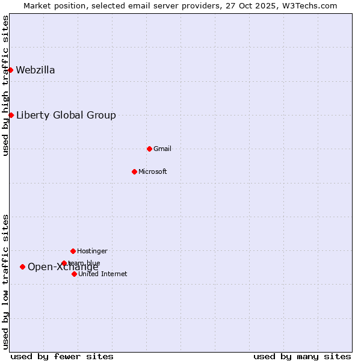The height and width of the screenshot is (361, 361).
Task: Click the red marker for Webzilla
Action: coord(10,70)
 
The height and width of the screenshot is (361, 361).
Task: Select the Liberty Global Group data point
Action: coord(11,115)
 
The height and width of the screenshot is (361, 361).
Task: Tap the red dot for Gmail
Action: coord(149,149)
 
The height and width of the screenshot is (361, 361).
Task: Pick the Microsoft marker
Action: coord(134,171)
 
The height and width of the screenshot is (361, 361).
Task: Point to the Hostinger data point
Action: coord(73,251)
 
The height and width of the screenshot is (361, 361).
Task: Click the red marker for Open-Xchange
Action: coord(22,267)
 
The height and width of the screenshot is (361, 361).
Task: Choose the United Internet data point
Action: coord(74,274)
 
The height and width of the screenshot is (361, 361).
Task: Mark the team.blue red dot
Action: coord(64,263)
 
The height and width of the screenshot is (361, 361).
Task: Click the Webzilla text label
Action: coord(35,70)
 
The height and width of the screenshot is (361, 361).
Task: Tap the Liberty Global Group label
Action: coord(66,115)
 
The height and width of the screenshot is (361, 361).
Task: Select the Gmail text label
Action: coord(162,149)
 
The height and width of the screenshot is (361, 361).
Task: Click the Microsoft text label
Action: coord(153,171)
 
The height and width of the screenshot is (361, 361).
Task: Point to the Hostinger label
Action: coord(92,251)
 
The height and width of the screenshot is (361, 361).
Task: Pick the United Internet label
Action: coord(102,274)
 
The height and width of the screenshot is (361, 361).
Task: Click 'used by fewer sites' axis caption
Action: coord(62,356)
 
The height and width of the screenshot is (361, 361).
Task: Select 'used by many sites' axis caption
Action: coord(302,356)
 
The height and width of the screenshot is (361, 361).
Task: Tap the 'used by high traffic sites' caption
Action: coord(5,85)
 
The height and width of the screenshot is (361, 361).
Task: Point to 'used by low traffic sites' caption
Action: coord(5,282)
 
